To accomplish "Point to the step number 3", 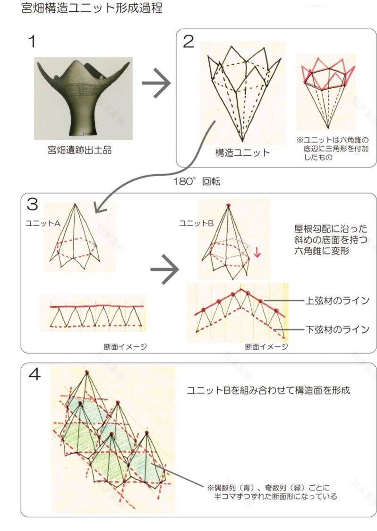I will point(32,204).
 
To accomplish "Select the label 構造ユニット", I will point(242,152).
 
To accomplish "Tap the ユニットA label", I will point(43,224).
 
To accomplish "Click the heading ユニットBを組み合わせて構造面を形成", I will point(268,390).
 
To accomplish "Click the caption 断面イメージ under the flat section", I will point(125,346).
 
